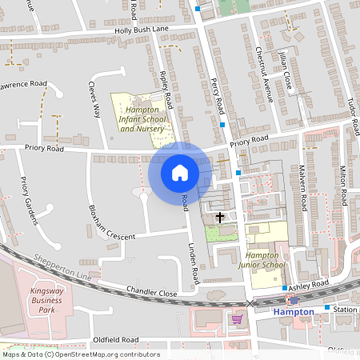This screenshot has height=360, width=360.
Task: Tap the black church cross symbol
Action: pos(220,217)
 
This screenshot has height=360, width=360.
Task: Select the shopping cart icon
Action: pos(237,319)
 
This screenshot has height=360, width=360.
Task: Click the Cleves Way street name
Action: pos(95,98)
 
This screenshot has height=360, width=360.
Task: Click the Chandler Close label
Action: pos(151,294)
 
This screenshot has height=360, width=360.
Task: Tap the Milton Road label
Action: pos(342,184)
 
